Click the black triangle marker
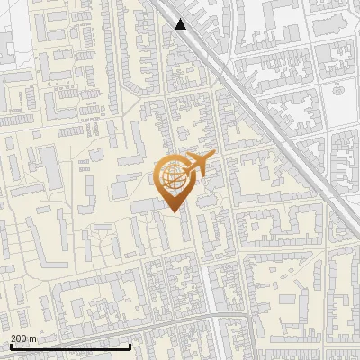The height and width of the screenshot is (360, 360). [x=181, y=24]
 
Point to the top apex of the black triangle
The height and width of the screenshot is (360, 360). [x=181, y=19]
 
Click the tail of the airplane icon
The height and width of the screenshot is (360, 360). [x=187, y=162]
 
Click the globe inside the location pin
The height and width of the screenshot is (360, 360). [x=171, y=176]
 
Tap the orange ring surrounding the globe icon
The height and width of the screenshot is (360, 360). [x=157, y=176]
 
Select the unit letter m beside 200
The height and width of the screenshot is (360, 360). [x=34, y=337]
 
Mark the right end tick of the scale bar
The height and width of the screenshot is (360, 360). [x=130, y=345]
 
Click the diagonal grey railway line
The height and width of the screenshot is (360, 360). [x=261, y=117]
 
